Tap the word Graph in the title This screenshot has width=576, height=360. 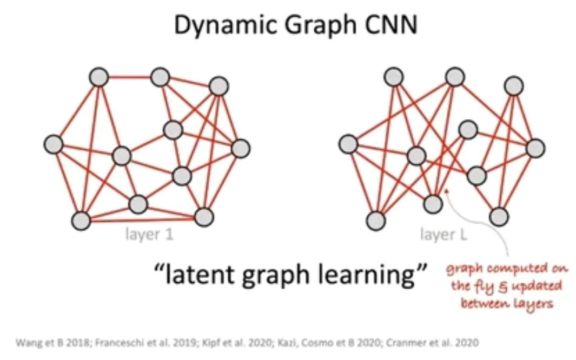tap(307, 25)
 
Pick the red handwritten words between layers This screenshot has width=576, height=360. tap(507, 303)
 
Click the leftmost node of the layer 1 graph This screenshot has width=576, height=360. tap(53, 144)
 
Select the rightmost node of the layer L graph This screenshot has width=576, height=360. tap(535, 148)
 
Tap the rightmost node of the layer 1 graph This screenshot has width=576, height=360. tap(240, 148)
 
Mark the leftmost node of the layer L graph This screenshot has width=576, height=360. tap(348, 144)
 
